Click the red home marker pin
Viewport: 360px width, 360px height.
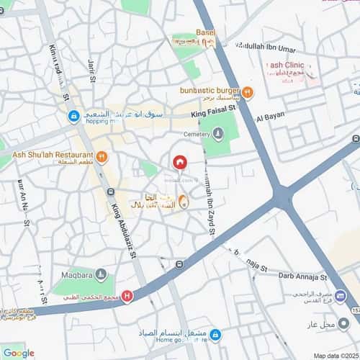tap(180, 163)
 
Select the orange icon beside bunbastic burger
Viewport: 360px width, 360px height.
tap(248, 91)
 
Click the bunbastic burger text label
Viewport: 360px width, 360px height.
tap(210, 91)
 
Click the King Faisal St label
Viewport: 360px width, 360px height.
tap(214, 112)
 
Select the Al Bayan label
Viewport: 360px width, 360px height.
tap(270, 115)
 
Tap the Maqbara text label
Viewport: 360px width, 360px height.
tap(76, 273)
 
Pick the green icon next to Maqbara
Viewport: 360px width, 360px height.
tap(101, 274)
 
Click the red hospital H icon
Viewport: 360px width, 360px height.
tap(127, 294)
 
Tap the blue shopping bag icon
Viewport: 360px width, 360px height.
tap(73, 115)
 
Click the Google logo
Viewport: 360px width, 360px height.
tap(19, 352)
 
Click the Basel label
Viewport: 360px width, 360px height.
tap(205, 34)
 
